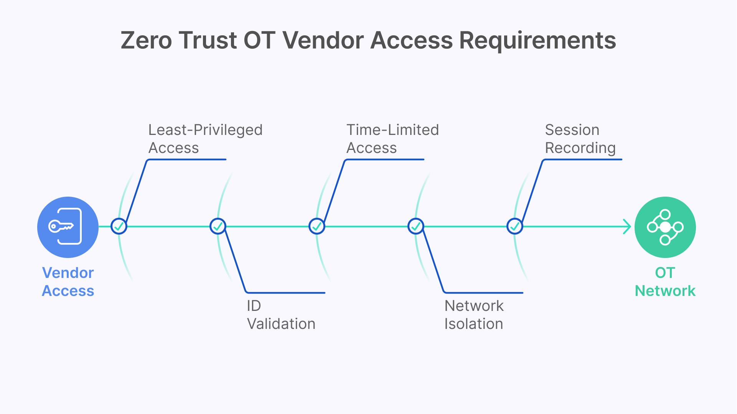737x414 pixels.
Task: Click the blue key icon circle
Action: pos(68,227)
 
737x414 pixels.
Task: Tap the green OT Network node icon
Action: pos(665,227)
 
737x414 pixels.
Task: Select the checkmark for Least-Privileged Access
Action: pos(119,226)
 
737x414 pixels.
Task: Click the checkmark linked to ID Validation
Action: pos(218,226)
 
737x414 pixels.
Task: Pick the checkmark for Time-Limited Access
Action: pos(317,226)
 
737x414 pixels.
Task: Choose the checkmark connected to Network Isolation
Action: pos(416,226)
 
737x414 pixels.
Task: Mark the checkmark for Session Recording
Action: pos(515,226)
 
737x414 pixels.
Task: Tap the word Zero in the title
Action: pos(146,40)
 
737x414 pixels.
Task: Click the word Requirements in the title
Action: pos(537,40)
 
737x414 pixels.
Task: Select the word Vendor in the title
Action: pos(323,40)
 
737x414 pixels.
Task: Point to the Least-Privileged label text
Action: pos(205,130)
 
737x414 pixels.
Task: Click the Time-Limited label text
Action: pos(392,130)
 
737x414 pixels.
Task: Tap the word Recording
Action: pos(580,148)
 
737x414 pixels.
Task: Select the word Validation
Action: pos(281,324)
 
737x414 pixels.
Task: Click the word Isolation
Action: pos(473,324)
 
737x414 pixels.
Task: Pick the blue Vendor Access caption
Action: pos(68,282)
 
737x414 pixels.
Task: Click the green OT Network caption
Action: pos(665,282)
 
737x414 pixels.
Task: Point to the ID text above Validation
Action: pos(254,306)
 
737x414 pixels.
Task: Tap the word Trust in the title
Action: pos(208,40)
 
